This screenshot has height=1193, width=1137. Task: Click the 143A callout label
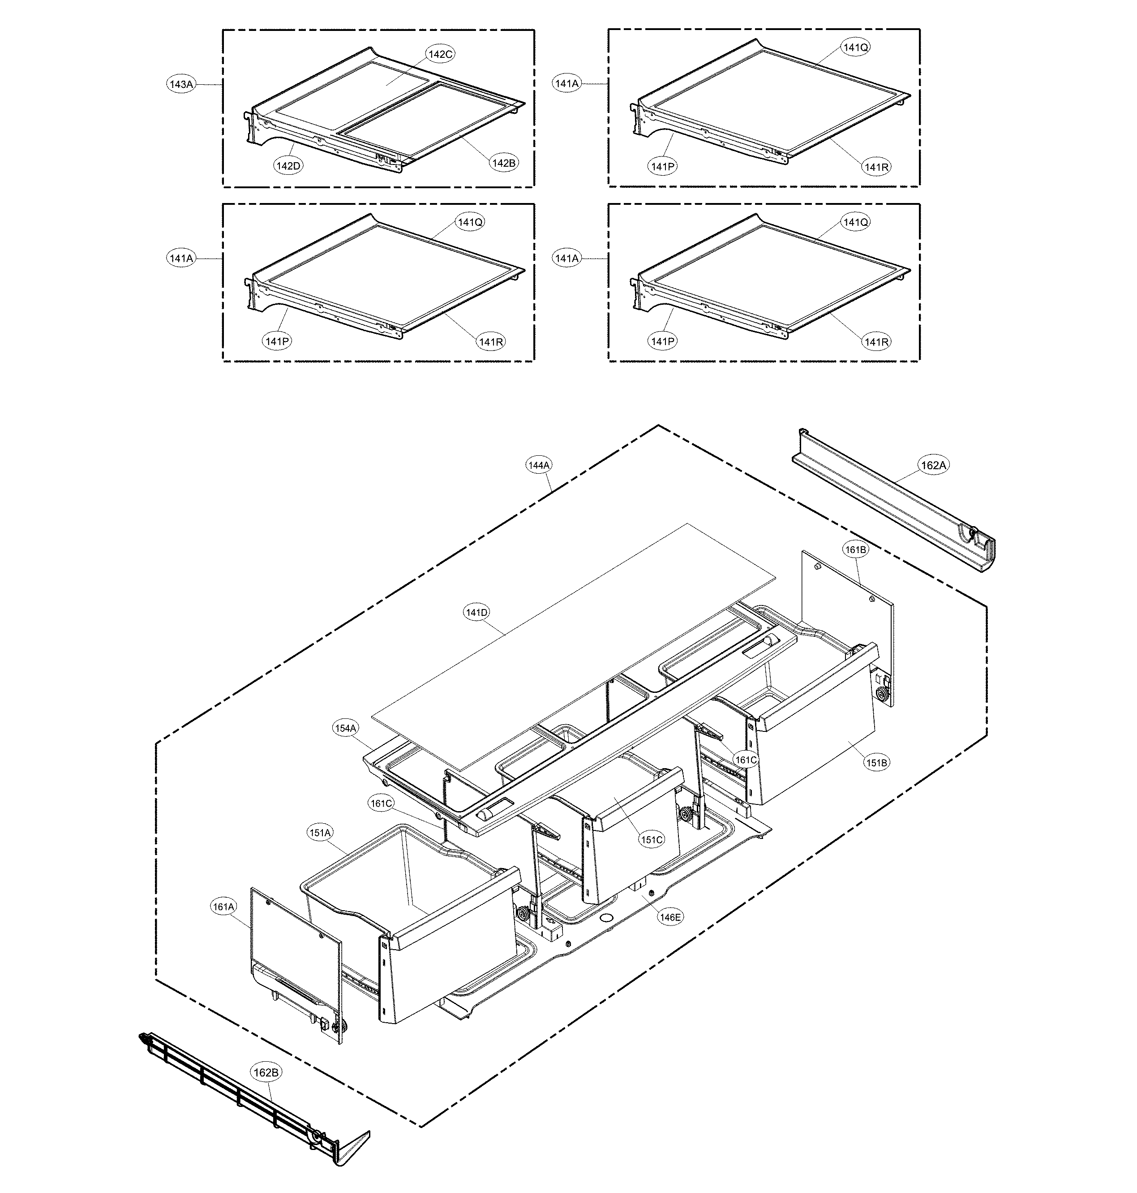coord(180,84)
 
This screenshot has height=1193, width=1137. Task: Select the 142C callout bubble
coord(441,54)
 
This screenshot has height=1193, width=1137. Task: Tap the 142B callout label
coord(504,163)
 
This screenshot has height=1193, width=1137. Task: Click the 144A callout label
coord(539,465)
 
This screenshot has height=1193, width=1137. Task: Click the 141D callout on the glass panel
coord(476,613)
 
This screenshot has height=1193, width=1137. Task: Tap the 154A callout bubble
coord(345,728)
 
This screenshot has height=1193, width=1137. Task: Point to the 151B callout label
coord(876,763)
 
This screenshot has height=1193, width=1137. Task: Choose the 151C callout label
coord(652,840)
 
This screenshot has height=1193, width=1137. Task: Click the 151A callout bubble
coord(320,833)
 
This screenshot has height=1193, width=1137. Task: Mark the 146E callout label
coord(670,918)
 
